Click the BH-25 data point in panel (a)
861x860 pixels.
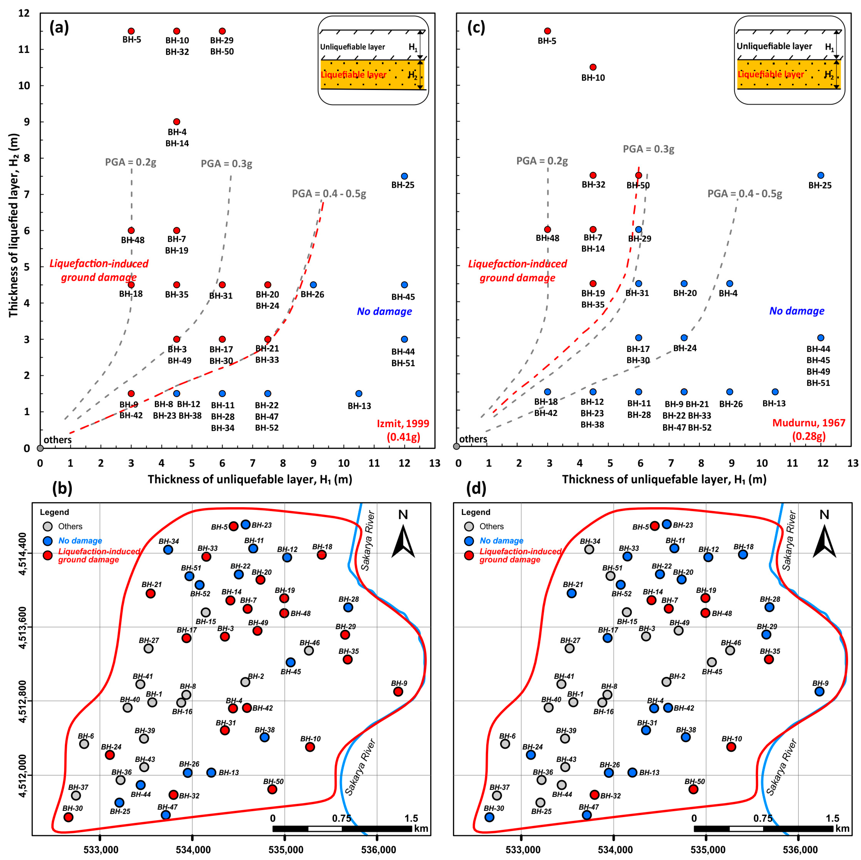[404, 176]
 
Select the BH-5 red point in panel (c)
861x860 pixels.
[547, 31]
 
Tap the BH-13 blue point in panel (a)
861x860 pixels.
[359, 393]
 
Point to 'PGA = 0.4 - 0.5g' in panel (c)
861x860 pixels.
[745, 193]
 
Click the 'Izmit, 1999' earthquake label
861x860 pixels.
[403, 423]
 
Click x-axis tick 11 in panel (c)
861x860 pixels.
[792, 463]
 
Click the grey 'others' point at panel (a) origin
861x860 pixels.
[40, 448]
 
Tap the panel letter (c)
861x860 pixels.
[476, 28]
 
